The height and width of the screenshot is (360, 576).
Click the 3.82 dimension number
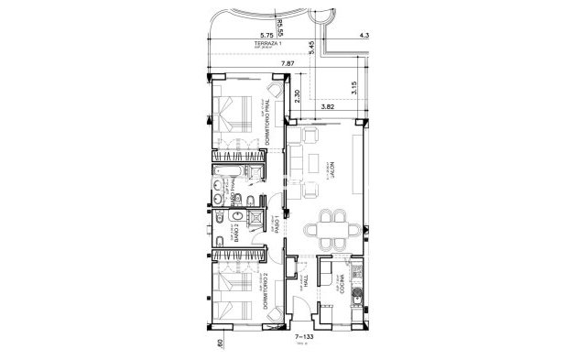329,107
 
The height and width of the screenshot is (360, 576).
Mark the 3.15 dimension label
353,89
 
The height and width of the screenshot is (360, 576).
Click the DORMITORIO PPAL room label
272,119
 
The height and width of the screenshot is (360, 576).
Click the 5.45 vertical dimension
312,47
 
